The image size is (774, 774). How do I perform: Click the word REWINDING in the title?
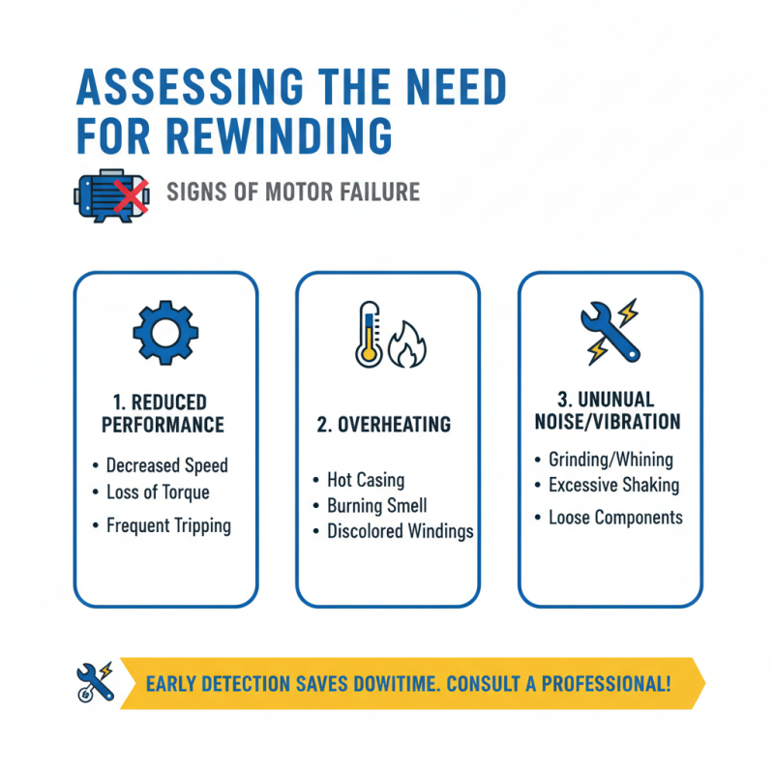point(279,135)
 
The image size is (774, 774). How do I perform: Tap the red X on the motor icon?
point(132,196)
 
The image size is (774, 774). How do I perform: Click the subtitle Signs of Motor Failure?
point(293,192)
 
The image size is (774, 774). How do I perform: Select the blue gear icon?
point(165,333)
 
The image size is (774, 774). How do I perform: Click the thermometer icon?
point(369,334)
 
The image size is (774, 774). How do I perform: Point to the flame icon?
point(406,344)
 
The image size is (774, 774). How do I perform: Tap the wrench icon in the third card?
point(610,332)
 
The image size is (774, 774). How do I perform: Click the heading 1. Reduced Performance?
point(163,414)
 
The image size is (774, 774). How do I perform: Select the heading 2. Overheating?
point(383,425)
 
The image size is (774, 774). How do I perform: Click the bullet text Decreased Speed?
point(166,465)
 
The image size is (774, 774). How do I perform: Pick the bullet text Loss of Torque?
point(158,492)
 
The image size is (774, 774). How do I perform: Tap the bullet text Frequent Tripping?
point(168,525)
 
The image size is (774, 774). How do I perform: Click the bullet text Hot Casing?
point(366,480)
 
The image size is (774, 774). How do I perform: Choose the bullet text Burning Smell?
point(377,506)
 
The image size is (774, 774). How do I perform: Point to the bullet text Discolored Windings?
point(401,531)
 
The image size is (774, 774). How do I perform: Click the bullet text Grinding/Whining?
point(611,461)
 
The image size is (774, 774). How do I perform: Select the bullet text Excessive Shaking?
point(614,486)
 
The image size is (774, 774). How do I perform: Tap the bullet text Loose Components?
point(616,518)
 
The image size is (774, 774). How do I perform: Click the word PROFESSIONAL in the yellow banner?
point(607,684)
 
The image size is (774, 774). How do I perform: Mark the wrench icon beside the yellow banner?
point(96,682)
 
